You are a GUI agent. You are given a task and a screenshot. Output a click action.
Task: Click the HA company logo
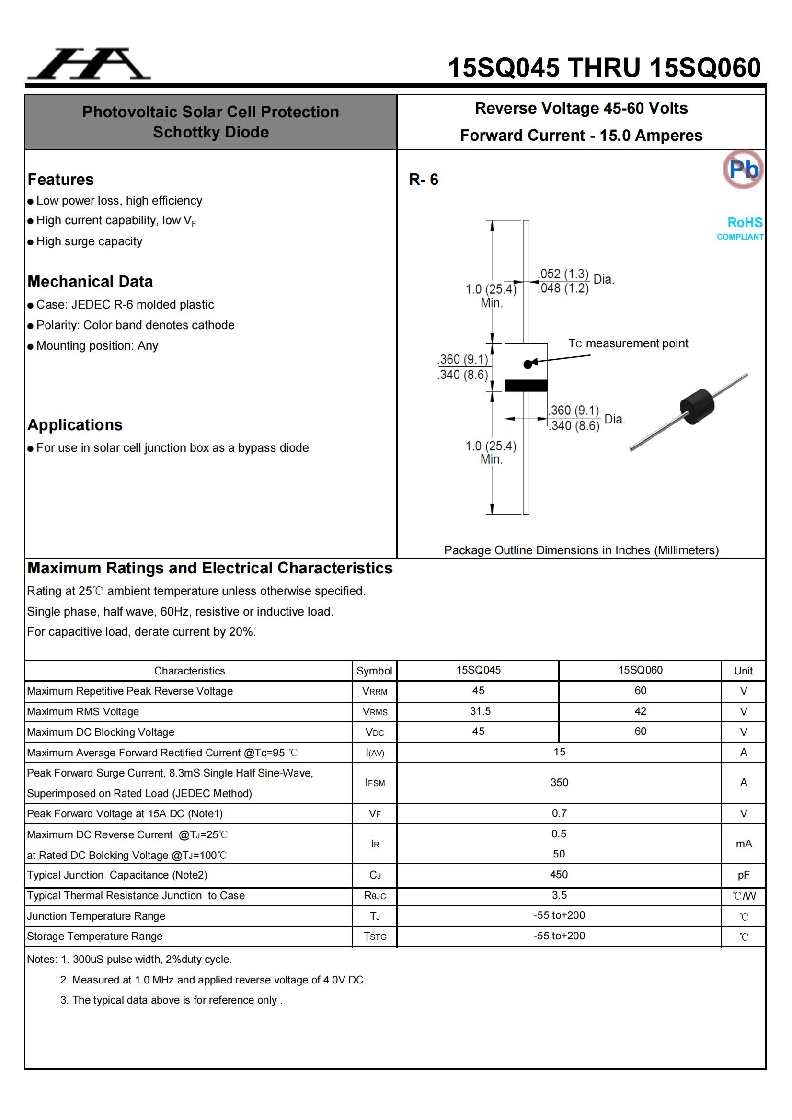click(x=89, y=64)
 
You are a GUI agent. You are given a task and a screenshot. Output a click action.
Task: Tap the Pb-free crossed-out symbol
click(x=743, y=169)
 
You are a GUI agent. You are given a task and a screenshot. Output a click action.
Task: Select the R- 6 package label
click(x=423, y=180)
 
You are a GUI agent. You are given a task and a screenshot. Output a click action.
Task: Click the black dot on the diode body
click(x=528, y=364)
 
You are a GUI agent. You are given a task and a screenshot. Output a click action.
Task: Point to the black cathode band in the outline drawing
click(x=526, y=385)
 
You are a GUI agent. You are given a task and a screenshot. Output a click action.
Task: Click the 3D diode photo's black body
click(x=697, y=406)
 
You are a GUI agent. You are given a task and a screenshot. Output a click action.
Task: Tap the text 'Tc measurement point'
click(x=628, y=343)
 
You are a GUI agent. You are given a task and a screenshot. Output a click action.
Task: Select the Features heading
click(x=60, y=180)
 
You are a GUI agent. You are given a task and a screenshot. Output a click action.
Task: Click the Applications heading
click(x=75, y=425)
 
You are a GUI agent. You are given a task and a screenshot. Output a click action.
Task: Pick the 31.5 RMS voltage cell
click(x=480, y=711)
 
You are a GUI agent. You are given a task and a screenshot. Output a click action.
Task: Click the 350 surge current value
click(x=559, y=782)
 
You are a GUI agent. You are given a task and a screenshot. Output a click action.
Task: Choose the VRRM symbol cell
click(x=374, y=691)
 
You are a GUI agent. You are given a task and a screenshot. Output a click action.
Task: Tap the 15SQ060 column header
click(x=640, y=670)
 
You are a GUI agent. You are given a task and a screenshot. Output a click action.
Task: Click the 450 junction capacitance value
click(x=559, y=875)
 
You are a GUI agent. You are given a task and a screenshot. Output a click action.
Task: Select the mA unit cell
click(x=743, y=844)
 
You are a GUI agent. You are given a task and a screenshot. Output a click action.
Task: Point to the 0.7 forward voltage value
click(x=559, y=813)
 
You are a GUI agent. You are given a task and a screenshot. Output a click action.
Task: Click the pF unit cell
click(x=743, y=875)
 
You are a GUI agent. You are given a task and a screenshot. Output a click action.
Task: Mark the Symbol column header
click(x=374, y=671)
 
